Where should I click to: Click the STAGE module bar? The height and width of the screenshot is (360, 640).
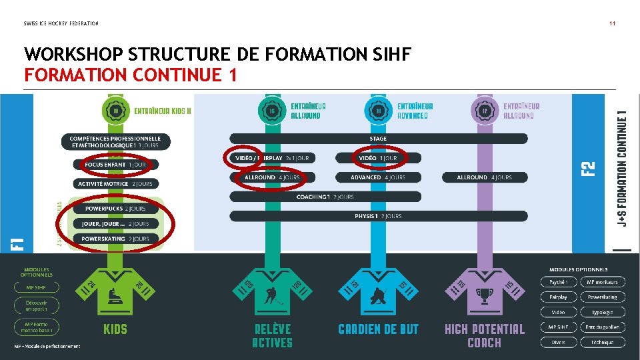(378, 139)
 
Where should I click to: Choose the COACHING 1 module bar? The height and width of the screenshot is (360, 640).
(325, 197)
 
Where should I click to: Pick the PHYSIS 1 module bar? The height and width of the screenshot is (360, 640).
(378, 216)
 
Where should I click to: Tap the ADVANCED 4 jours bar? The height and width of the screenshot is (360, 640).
(378, 177)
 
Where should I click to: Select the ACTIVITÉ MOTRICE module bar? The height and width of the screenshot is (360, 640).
(115, 183)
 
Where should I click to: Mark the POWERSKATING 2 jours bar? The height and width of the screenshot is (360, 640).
(115, 238)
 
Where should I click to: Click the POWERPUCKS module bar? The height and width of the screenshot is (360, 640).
(115, 209)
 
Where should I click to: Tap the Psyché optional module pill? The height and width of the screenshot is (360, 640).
(559, 282)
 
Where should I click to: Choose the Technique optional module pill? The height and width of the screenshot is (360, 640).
(603, 342)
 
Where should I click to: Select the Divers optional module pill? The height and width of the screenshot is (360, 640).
(559, 342)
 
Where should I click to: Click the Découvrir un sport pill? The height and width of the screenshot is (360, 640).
(37, 306)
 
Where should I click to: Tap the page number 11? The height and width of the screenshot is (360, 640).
(612, 23)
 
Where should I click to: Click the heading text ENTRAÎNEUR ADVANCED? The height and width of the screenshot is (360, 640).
(415, 111)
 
